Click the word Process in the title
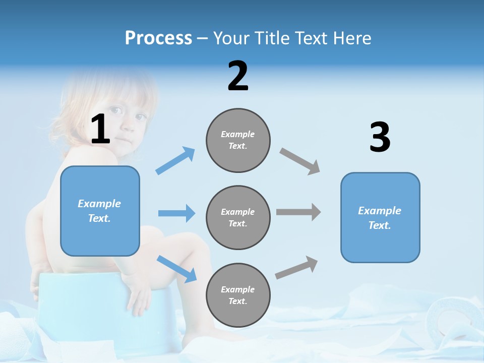click(x=158, y=38)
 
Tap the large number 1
click(x=100, y=130)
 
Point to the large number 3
click(x=380, y=138)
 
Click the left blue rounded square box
click(x=100, y=211)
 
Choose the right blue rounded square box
click(x=380, y=218)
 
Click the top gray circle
click(x=238, y=140)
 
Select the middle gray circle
click(x=238, y=218)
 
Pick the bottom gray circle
click(x=238, y=295)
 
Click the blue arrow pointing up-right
click(x=175, y=160)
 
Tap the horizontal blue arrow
click(x=176, y=213)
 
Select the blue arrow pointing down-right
click(x=176, y=269)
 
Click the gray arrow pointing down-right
click(x=300, y=161)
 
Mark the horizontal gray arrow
click(x=298, y=212)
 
